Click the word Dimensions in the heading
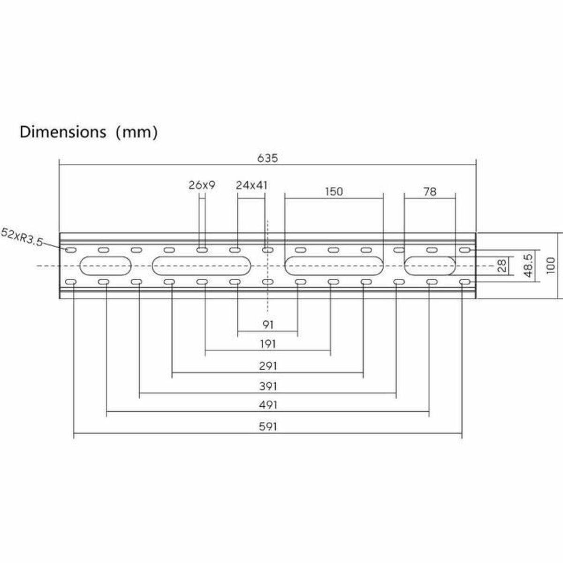click(x=63, y=132)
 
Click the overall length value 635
click(x=267, y=158)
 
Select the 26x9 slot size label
click(x=202, y=185)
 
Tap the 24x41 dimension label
click(x=252, y=185)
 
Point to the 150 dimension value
click(x=334, y=191)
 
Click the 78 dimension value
click(x=429, y=191)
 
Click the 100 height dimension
click(x=551, y=265)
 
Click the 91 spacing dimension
click(x=267, y=324)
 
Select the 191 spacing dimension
click(x=267, y=344)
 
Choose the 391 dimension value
click(x=267, y=387)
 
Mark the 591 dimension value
click(x=267, y=426)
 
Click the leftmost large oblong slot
click(x=106, y=266)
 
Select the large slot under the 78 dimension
click(x=429, y=266)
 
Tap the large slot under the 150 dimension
click(x=334, y=266)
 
